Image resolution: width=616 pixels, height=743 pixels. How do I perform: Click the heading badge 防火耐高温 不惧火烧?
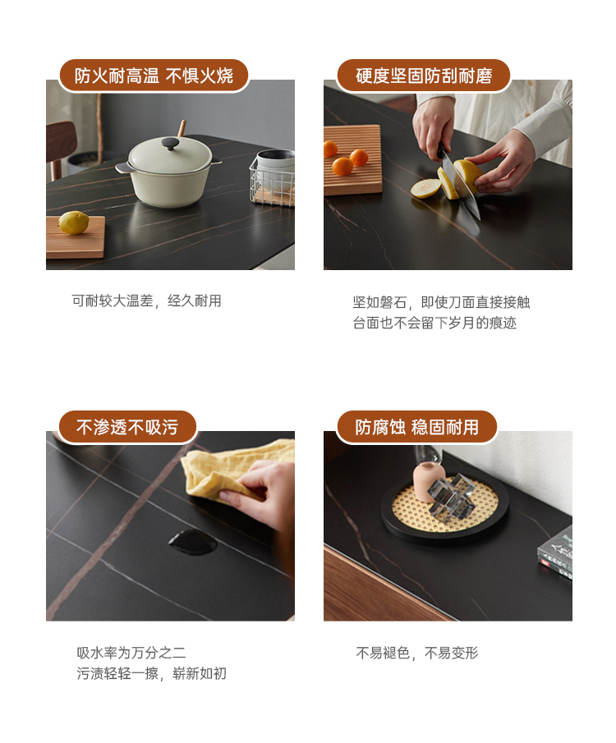coord(154,76)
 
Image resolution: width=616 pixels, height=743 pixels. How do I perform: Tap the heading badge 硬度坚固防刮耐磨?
coord(424,76)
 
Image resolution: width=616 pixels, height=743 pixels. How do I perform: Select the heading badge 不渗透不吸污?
coord(127,427)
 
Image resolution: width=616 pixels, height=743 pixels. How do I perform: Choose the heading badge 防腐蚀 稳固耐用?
coord(416,427)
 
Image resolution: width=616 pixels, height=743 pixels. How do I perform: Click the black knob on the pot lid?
coord(170,143)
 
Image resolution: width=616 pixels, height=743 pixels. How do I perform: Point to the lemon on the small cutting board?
coord(73,222)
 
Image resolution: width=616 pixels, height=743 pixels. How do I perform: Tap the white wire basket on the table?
coord(273,179)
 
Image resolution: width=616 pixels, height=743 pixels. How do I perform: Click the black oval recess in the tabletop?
coord(192,542)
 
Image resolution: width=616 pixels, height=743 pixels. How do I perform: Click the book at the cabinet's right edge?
coord(555,553)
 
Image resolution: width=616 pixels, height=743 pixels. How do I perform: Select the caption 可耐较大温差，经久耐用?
coord(146,301)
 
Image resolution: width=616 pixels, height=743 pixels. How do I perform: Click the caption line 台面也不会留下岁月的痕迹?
coord(434,323)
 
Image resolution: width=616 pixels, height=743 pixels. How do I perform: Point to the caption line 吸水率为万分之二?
coord(131,653)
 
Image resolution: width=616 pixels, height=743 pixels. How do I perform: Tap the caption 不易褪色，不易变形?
coord(417,653)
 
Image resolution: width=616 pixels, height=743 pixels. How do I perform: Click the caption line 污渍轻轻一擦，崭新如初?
coord(152,673)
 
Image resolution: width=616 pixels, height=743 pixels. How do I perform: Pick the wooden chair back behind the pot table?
coord(60,142)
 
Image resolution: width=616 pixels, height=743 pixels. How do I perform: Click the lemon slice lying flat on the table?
coord(425,188)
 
